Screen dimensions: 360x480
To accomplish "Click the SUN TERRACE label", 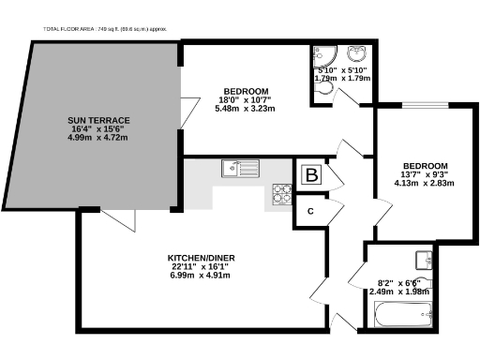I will (98, 121).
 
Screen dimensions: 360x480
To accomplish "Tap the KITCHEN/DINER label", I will (197, 257).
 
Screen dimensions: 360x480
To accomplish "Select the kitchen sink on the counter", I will (233, 168).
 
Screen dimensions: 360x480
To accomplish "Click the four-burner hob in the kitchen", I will (281, 193).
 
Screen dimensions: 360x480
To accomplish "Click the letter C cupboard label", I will (308, 210).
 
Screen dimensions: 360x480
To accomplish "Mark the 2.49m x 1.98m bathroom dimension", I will (400, 292).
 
